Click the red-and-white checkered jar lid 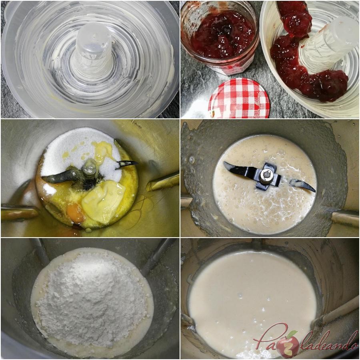[239, 99]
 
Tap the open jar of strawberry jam [220, 37]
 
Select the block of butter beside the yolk [103, 202]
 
